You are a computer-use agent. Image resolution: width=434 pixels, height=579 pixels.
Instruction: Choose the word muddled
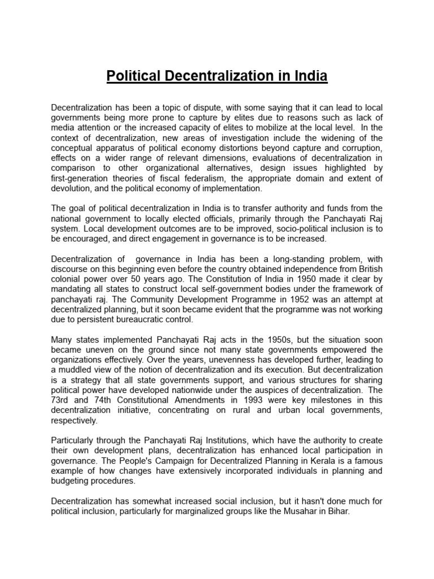click(x=80, y=370)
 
